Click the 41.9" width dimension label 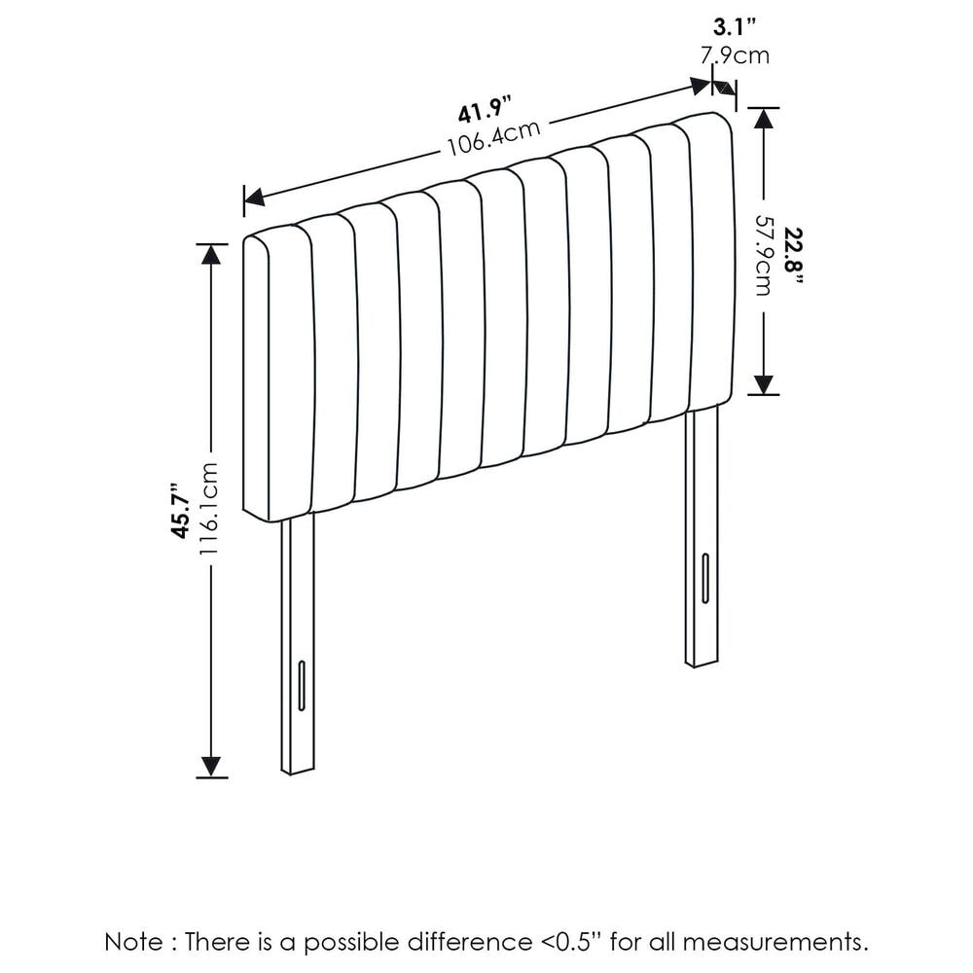tap(485, 111)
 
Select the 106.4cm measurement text tap(494, 138)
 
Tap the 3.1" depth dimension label tap(736, 27)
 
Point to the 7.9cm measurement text tap(736, 55)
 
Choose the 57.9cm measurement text tap(764, 255)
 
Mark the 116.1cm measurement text tap(208, 509)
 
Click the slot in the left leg tap(303, 685)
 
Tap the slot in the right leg tap(705, 578)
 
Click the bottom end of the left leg tap(298, 772)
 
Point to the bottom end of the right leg tap(702, 664)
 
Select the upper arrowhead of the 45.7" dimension tap(211, 254)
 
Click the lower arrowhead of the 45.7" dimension tap(211, 768)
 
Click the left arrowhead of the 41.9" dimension tap(254, 198)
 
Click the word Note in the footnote tap(134, 942)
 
